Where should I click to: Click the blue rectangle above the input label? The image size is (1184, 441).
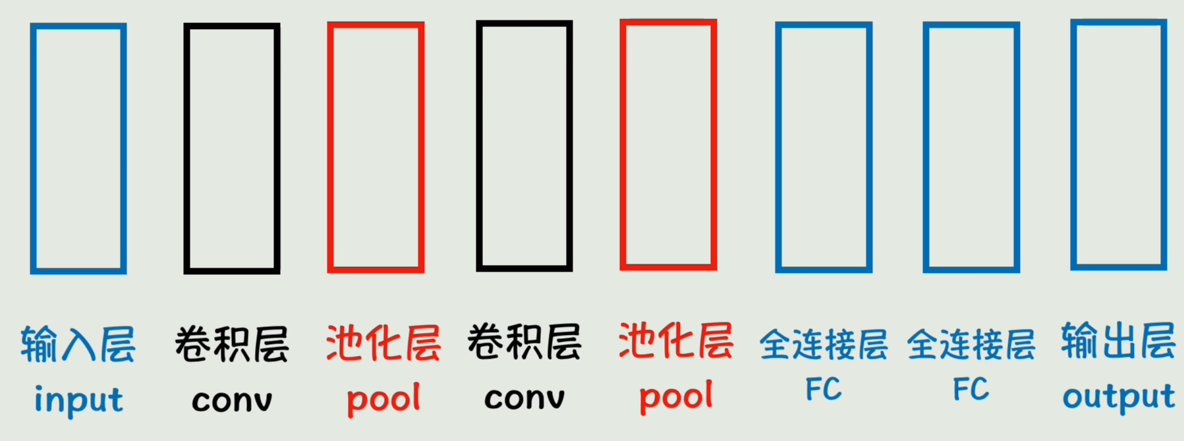click(78, 148)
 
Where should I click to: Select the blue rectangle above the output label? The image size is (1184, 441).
click(1118, 145)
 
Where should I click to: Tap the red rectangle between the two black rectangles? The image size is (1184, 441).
click(376, 147)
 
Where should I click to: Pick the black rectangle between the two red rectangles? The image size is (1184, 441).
click(524, 146)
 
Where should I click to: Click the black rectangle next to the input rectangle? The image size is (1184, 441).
click(231, 148)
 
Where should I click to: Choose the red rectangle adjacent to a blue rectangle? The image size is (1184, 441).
click(668, 145)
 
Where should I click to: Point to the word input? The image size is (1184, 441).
click(78, 400)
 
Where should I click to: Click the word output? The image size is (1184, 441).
click(1118, 397)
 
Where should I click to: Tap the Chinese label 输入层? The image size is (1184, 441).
click(78, 344)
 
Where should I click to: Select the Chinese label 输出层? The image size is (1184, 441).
click(1118, 341)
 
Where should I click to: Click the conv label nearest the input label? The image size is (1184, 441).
click(231, 400)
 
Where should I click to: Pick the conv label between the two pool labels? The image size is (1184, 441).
click(524, 397)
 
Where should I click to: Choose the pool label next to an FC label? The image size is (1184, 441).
click(675, 396)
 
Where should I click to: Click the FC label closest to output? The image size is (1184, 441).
click(971, 389)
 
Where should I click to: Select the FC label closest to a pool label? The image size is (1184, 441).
click(823, 389)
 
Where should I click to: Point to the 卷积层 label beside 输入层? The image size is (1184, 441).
click(231, 344)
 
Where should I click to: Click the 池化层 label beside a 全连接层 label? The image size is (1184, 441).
click(675, 341)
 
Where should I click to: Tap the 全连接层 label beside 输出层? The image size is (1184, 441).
click(971, 345)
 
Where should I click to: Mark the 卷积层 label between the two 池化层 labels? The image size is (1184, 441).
click(524, 341)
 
